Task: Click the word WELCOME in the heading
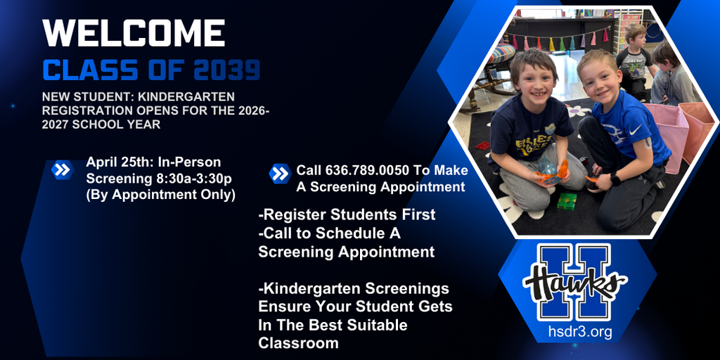click(x=134, y=33)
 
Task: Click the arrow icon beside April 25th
click(x=63, y=169)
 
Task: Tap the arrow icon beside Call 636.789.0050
click(x=279, y=174)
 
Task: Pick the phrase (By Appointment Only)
click(x=160, y=195)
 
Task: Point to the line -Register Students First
click(x=347, y=214)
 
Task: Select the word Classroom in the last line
click(x=298, y=343)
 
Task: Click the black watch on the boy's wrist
click(x=615, y=179)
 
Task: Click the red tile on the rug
click(x=483, y=146)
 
